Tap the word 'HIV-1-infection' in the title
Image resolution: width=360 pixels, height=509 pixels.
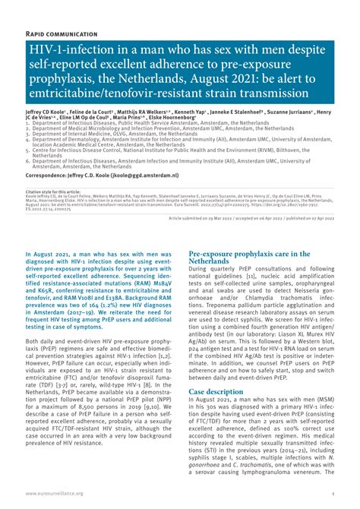62,51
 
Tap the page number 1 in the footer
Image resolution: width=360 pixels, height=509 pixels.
333,492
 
